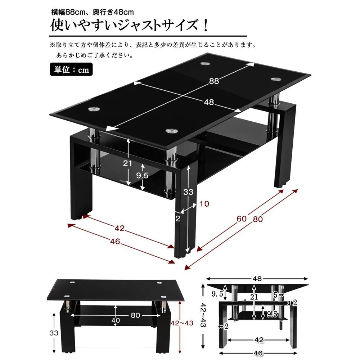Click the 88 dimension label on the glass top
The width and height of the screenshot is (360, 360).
point(214,81)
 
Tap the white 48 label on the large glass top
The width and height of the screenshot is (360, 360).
point(209,102)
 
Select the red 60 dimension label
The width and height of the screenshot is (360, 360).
point(242,219)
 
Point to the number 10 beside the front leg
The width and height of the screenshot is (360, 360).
point(204,204)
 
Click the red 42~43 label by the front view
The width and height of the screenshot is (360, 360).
point(182,323)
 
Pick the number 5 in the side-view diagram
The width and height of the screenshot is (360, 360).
point(275,295)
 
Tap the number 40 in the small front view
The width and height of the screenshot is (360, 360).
point(116,320)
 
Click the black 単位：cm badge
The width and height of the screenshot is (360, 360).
point(71,69)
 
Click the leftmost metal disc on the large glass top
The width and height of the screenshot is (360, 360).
point(94,109)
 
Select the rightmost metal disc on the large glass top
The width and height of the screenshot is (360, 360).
point(276,79)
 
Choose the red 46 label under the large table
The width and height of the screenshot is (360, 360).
point(115,241)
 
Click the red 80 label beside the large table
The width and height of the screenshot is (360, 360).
point(258,219)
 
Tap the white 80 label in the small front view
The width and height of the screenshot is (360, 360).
point(135,315)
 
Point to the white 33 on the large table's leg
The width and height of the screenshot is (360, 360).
point(188,192)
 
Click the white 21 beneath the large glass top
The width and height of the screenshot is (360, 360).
point(127,163)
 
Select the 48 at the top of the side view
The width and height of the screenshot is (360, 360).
point(257,279)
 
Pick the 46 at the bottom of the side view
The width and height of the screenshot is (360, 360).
point(258,353)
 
